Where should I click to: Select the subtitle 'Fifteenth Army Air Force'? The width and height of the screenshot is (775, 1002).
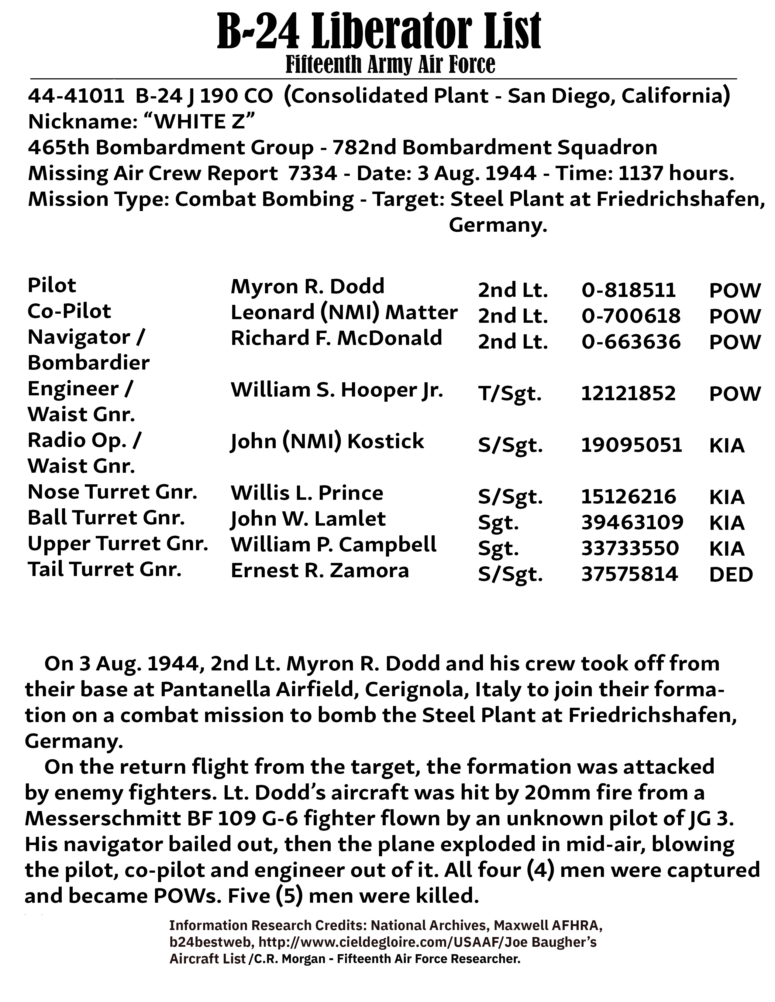pyautogui.click(x=390, y=64)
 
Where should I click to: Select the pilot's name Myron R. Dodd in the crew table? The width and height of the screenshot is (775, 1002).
pyautogui.click(x=307, y=287)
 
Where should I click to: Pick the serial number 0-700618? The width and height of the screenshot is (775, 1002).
pyautogui.click(x=631, y=316)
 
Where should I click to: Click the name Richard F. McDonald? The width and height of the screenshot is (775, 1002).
pyautogui.click(x=336, y=338)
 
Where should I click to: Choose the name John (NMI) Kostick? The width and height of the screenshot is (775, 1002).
pyautogui.click(x=327, y=441)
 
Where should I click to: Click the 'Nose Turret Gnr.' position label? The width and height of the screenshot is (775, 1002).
pyautogui.click(x=112, y=492)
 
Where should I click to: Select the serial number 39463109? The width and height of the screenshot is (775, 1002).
pyautogui.click(x=632, y=523)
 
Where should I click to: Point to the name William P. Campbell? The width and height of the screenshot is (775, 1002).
pyautogui.click(x=333, y=545)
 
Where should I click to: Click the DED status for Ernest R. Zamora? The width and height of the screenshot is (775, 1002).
pyautogui.click(x=731, y=574)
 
